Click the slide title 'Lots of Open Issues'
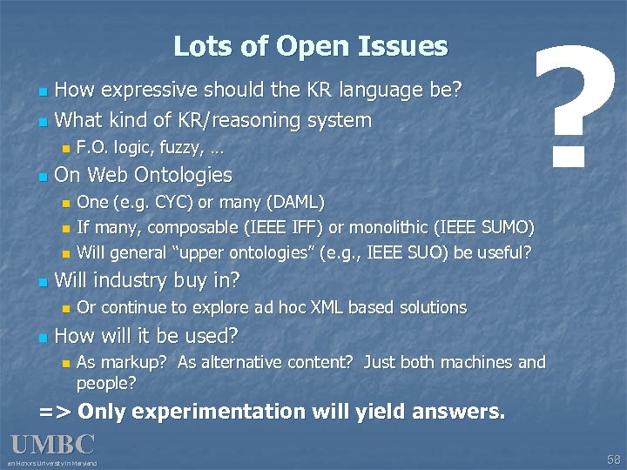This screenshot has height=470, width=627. click(310, 46)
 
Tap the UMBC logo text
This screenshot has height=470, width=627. click(52, 445)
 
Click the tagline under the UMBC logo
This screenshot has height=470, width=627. click(52, 463)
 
